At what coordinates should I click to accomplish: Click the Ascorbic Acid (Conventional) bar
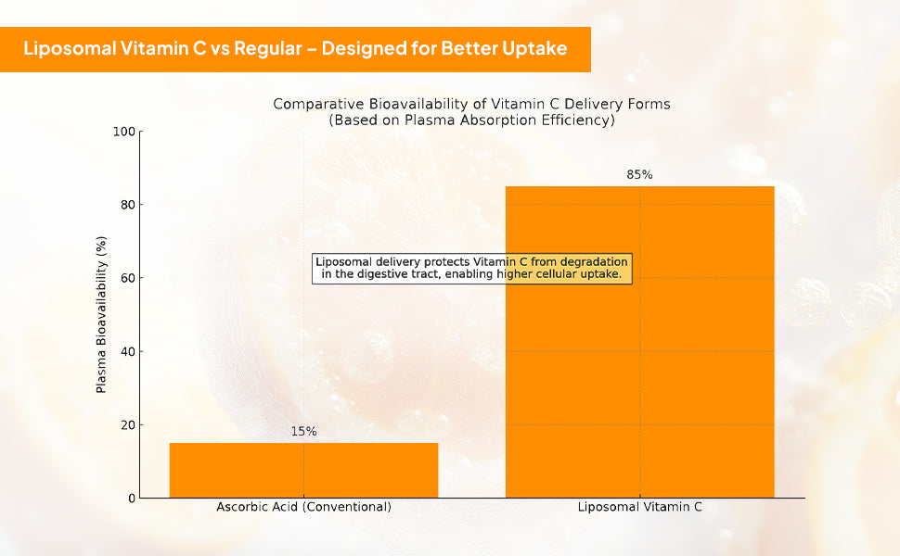pos(303,470)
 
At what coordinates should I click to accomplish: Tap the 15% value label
pos(303,431)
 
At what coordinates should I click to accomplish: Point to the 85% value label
pos(639,174)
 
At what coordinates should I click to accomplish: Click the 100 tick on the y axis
pos(124,132)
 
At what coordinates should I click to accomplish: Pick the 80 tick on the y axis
pos(127,205)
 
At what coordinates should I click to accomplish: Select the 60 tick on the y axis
pos(127,278)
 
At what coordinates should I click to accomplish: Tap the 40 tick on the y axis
pos(127,351)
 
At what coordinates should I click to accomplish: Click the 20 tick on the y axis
pos(127,424)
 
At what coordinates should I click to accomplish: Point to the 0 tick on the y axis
pos(131,499)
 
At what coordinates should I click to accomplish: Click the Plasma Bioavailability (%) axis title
pos(101,314)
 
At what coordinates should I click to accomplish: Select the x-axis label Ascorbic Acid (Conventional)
pos(303,507)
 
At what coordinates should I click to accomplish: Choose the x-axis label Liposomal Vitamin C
pos(639,507)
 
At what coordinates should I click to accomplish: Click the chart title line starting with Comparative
pos(471,104)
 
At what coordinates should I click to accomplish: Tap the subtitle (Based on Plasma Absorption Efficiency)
pos(471,120)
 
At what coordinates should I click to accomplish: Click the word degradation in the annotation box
pos(594,261)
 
